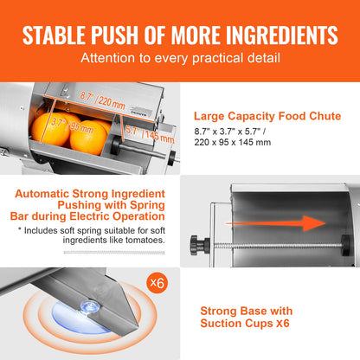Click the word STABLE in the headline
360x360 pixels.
(x=58, y=35)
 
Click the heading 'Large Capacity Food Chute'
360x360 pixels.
(x=269, y=115)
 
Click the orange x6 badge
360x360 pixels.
(x=156, y=283)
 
